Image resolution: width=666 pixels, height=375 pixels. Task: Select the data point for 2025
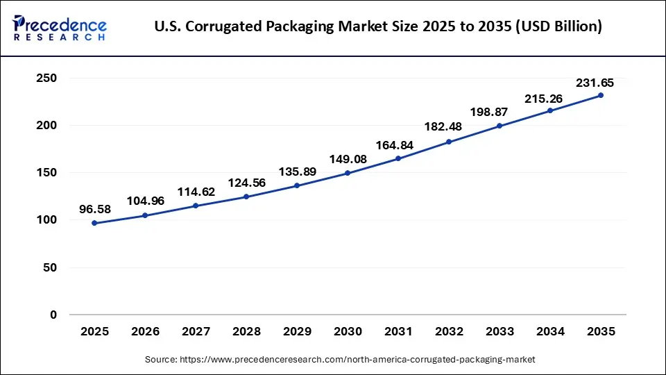pos(94,223)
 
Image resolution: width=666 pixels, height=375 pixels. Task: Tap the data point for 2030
pos(348,173)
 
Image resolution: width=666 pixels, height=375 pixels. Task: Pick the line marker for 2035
pos(601,95)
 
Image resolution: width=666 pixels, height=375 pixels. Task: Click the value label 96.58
pos(94,208)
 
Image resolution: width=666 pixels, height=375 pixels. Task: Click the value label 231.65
pos(595,83)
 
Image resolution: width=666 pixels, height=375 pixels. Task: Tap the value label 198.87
pos(499,112)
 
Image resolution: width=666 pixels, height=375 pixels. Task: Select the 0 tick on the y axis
pos(53,315)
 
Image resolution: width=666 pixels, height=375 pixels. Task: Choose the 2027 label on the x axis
pos(196,333)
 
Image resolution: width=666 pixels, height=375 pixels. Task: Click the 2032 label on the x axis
pos(449,333)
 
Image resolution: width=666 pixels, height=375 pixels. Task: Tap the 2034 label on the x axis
pos(550,333)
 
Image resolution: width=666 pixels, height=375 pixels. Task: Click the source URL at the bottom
pos(340,360)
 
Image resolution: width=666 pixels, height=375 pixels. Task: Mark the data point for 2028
pos(246,197)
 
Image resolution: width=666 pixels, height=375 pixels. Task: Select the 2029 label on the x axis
pos(297,333)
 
